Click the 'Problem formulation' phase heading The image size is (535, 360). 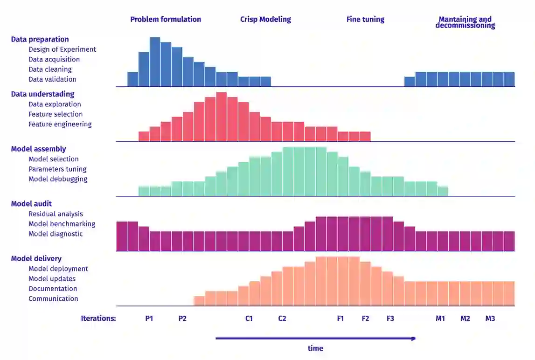pos(166,19)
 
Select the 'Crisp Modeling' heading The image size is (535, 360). pos(265,19)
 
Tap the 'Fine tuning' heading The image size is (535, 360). pos(365,19)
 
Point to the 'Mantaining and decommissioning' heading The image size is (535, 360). pos(465,22)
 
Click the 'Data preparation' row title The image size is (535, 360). pos(40,39)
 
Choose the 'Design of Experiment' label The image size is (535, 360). pos(62,49)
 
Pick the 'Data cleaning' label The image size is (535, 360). pos(50,69)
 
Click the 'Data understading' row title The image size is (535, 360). pos(42,94)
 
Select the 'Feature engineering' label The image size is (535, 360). pos(60,124)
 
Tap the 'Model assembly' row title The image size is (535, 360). pos(38,149)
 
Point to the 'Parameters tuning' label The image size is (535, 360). pos(57,169)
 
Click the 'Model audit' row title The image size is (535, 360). pos(31,204)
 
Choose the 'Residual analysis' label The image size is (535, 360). pos(56,214)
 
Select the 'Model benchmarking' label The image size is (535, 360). pos(62,224)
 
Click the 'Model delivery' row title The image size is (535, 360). pos(36,258)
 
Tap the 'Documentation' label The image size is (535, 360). pos(53,289)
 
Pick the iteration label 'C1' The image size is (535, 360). pos(249,318)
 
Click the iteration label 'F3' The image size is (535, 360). pos(390,318)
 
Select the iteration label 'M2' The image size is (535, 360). pos(465,318)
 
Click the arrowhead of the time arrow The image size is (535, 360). pos(413,339)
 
